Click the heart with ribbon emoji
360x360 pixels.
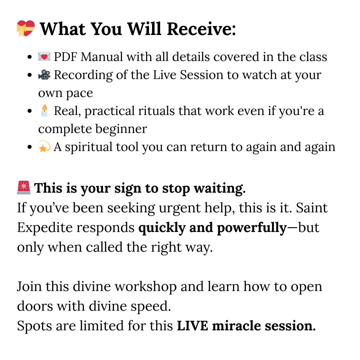click(26, 28)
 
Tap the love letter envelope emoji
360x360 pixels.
click(44, 57)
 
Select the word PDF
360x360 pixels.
click(65, 57)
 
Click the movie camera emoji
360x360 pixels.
click(44, 75)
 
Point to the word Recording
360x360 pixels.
click(83, 75)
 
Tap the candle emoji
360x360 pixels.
click(44, 111)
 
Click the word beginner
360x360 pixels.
click(121, 129)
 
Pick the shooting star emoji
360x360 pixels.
click(44, 147)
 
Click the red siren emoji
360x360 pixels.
click(24, 188)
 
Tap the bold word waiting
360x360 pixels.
click(220, 189)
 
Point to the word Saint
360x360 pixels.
click(312, 208)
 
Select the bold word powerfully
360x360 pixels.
click(252, 228)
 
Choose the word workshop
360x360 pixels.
click(146, 287)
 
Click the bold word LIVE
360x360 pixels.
click(193, 326)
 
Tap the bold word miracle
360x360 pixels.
click(236, 326)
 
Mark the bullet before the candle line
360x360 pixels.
click(29, 111)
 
